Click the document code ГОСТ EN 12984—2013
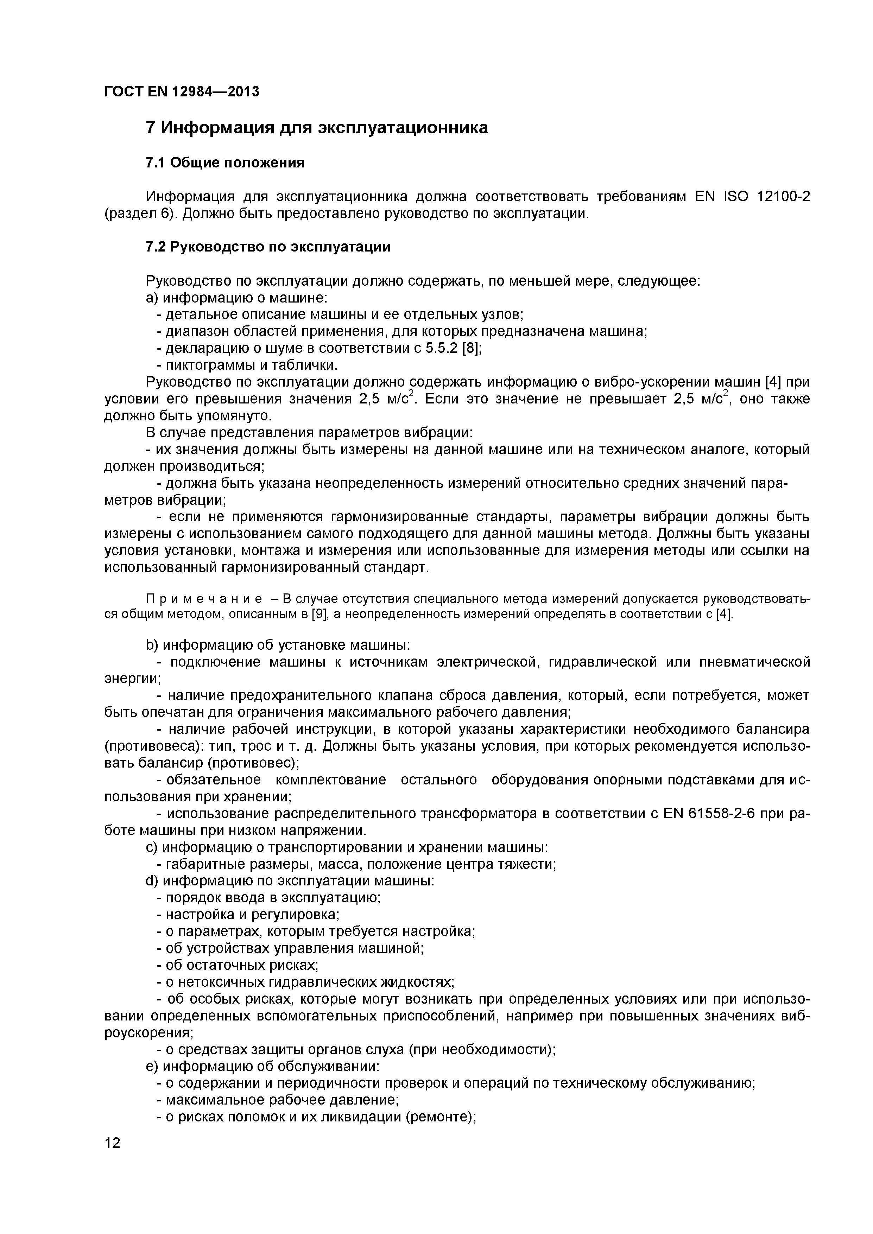click(x=181, y=92)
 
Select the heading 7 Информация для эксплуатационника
click(x=317, y=128)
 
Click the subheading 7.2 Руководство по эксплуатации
click(x=268, y=247)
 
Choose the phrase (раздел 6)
click(x=140, y=214)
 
